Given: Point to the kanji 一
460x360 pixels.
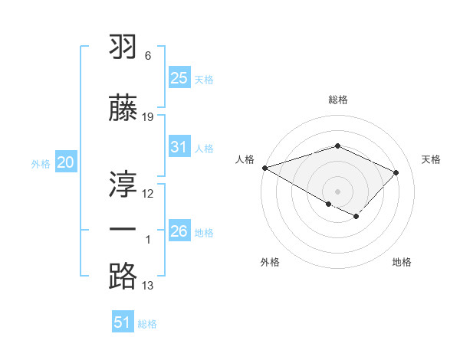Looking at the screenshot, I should pos(123,229).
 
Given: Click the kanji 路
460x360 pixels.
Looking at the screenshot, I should pos(123,276).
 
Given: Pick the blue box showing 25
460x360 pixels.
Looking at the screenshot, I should pos(179,77).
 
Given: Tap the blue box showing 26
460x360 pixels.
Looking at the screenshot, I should pos(179,231).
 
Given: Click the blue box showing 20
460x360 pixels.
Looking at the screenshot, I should pos(66,162).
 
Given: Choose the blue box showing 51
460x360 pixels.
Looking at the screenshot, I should pos(123,322).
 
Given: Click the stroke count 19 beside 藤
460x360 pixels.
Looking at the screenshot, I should pos(148,116).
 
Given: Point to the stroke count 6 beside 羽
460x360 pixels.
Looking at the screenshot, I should pos(148,56).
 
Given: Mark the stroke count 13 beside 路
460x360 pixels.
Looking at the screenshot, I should pos(148,286).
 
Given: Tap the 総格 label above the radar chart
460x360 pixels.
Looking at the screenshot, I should pos(337,100).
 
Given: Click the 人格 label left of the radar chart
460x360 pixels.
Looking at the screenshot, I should pos(245,159).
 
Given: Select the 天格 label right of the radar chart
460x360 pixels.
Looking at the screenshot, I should pos(431,159).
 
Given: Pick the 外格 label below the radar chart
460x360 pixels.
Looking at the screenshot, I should pos(270,262).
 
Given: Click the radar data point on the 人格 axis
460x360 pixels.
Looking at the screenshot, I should pos(264,167).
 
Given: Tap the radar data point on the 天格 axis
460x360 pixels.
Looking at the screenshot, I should pos(396,172).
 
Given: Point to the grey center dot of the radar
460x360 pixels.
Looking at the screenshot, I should pos(337,191).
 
